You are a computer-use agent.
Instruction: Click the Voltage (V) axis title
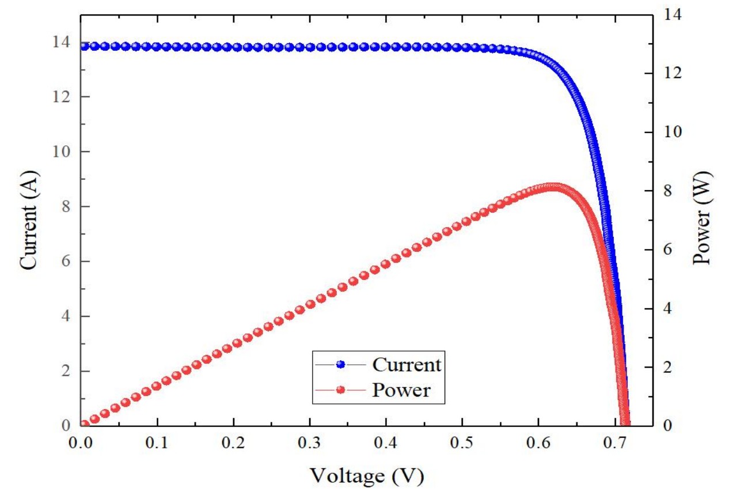[x=367, y=475]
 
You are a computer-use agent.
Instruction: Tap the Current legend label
[x=407, y=365]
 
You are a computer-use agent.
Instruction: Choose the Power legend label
[x=401, y=390]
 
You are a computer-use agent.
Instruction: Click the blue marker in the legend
[x=340, y=365]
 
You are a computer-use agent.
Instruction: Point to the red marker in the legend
[x=340, y=390]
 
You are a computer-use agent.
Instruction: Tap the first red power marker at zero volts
[x=84, y=425]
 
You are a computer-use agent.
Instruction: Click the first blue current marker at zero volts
[x=84, y=46]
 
